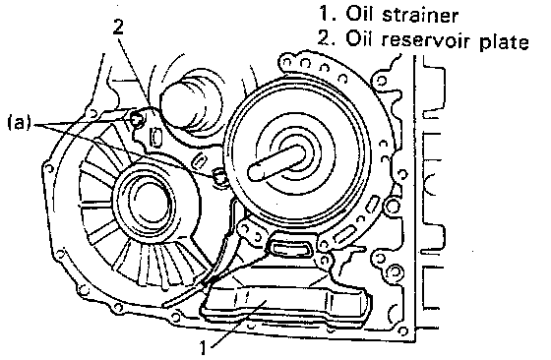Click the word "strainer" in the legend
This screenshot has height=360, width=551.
(x=420, y=15)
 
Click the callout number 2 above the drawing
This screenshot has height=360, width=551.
(x=118, y=27)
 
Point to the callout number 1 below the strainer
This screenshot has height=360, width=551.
(x=204, y=348)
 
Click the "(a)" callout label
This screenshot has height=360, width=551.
(x=19, y=123)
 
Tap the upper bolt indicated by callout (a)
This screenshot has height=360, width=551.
(x=137, y=120)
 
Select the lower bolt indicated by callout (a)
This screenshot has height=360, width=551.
(x=219, y=176)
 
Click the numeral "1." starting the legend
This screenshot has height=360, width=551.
(x=327, y=15)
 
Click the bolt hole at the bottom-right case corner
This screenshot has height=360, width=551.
(x=404, y=330)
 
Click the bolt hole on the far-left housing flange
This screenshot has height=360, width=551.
(x=49, y=169)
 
